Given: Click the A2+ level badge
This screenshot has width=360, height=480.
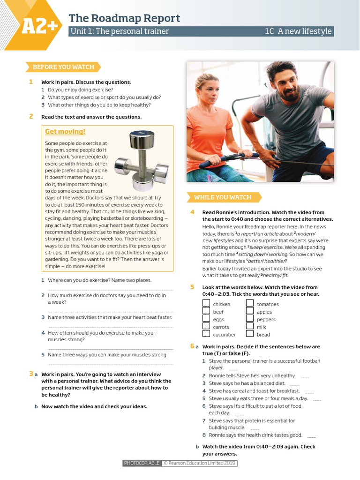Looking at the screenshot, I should tap(39, 27).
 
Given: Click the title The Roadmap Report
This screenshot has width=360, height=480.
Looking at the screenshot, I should tap(124, 18).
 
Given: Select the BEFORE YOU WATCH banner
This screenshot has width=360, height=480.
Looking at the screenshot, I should tap(63, 67).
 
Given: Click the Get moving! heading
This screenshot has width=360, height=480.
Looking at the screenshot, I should tap(65, 132).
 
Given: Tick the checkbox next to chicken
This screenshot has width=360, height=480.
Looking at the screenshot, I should tap(206, 304).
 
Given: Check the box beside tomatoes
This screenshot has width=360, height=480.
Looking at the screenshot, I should tap(250, 304).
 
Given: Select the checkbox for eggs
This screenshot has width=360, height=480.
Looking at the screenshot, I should tap(206, 319).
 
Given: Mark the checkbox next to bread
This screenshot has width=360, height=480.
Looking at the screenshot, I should tap(250, 334).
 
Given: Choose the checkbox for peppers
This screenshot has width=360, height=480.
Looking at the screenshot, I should tap(250, 319).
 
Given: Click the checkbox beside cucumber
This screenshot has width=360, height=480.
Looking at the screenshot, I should tap(206, 334).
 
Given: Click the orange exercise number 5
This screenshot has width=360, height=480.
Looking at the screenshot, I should tap(192, 287).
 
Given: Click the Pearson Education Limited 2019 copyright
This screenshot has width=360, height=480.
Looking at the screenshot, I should tap(199, 464).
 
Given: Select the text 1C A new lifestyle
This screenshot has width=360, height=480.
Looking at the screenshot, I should tap(298, 31).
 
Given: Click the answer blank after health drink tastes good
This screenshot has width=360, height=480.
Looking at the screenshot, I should tap(312, 436).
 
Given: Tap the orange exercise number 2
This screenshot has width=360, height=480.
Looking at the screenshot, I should tap(31, 117).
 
